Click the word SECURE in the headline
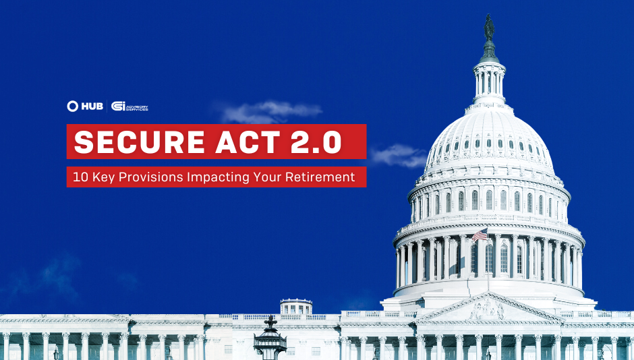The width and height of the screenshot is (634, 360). (129, 142)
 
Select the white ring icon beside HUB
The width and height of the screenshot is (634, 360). (73, 107)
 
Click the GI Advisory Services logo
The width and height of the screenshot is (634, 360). (129, 107)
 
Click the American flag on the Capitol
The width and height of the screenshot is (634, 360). (480, 235)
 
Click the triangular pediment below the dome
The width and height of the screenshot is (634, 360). (488, 309)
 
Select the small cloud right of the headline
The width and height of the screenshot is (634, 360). (398, 155)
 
